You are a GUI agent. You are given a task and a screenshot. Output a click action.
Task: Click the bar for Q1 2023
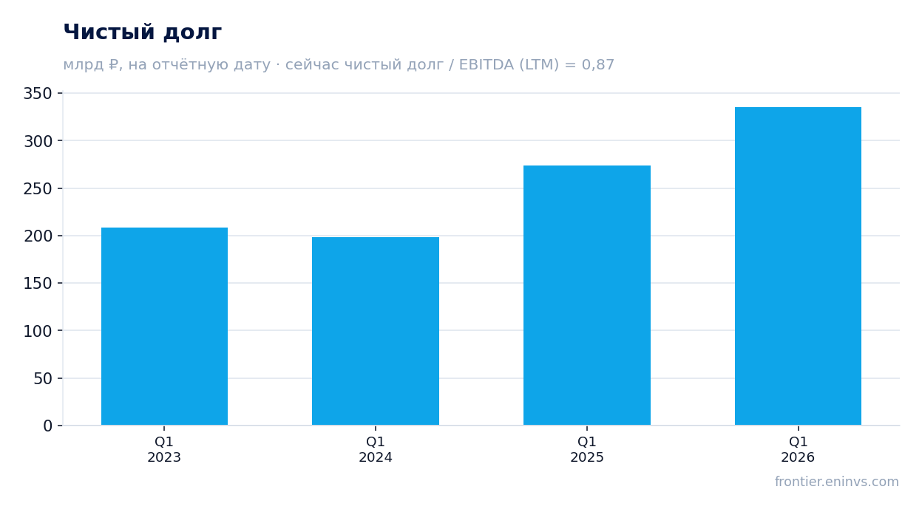pos(164,326)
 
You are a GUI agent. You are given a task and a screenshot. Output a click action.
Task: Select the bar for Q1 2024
pos(376,331)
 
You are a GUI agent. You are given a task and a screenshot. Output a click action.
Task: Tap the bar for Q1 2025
pos(587,296)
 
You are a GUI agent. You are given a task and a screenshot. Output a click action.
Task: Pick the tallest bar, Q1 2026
pos(798,266)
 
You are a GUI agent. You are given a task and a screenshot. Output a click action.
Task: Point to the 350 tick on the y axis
pos(38,94)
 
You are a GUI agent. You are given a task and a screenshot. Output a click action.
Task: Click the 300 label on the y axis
pos(38,141)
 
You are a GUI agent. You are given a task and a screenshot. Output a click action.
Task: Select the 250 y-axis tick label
pos(38,188)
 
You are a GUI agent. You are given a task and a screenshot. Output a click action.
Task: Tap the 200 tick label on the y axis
pos(38,236)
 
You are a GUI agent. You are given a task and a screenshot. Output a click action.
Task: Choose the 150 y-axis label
pos(38,284)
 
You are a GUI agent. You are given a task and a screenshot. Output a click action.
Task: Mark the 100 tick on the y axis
pos(38,331)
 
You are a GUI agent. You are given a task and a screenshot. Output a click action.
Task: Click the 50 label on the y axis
pos(42,379)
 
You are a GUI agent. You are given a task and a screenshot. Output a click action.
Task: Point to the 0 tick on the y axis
pos(47,426)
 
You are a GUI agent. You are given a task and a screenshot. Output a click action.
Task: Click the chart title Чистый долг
pos(143,32)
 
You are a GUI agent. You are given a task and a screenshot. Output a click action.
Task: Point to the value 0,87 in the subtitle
pos(597,64)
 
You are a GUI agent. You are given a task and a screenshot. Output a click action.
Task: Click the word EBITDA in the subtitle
pos(486,64)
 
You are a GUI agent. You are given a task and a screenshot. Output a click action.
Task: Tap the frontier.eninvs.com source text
pos(837,482)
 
